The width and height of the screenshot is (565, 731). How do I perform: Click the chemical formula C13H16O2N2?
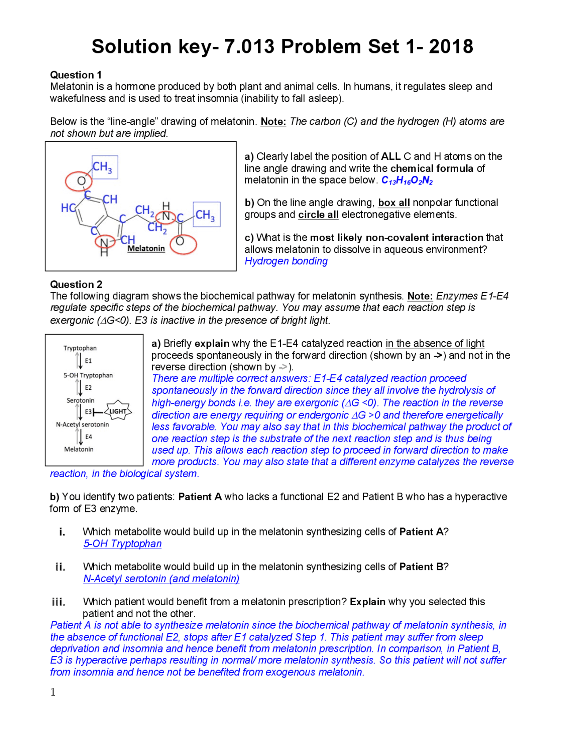coord(407,181)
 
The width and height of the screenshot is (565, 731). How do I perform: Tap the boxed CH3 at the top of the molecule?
coord(105,167)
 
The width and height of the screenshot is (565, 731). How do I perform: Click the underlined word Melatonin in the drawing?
coord(146,249)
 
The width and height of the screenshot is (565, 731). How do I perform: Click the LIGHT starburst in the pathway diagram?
coord(118,411)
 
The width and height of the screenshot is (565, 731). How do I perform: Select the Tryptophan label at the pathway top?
coord(80,348)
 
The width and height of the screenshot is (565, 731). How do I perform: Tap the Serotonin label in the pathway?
coord(80,400)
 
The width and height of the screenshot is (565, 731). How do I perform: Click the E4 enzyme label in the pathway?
coord(89,437)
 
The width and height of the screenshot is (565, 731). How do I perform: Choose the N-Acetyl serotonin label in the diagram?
coord(82,424)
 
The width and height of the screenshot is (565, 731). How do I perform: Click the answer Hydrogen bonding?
coord(286,261)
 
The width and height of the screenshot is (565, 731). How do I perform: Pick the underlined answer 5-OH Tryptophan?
coord(122,543)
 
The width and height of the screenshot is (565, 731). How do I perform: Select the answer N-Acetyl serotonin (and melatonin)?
coord(161,579)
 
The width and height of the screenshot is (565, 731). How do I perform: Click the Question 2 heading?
coord(76,284)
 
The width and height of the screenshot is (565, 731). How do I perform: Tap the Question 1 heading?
coord(75,75)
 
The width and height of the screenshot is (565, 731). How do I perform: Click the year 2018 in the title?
coord(451,47)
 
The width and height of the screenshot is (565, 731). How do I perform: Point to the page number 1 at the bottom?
coord(53,692)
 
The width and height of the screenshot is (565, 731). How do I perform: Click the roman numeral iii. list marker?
coord(59,602)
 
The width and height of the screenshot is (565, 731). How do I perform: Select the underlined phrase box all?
coord(394,203)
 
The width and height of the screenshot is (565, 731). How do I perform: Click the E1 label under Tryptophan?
coord(88,361)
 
